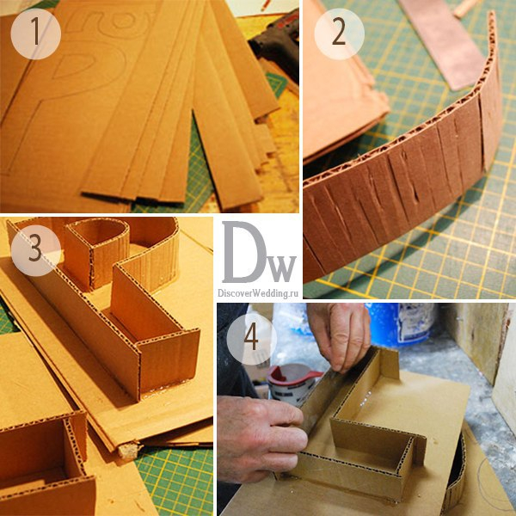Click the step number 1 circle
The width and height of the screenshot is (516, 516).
coord(35,34)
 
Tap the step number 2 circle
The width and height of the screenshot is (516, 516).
coord(340,34)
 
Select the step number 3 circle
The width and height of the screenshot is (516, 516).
coord(35,250)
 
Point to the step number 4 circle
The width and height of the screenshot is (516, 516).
coord(252,339)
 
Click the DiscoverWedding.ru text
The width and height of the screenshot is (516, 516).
coord(258,293)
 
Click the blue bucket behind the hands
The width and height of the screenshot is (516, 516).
coord(402,324)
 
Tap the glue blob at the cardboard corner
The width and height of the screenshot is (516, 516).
coord(127,451)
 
